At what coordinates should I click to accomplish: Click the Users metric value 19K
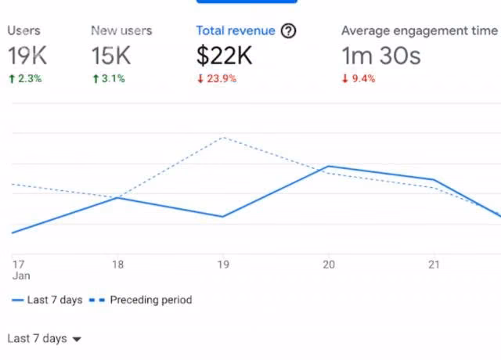27,56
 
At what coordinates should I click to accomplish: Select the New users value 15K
111,56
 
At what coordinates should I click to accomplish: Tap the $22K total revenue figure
225,56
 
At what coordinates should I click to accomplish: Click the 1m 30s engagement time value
381,56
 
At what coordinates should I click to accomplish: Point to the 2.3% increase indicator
25,78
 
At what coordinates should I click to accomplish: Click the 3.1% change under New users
109,78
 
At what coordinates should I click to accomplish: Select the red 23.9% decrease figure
217,78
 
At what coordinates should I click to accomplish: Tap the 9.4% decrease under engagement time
359,78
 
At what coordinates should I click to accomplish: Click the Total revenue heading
236,31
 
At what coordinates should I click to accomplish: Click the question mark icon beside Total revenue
289,31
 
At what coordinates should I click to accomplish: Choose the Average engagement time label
420,31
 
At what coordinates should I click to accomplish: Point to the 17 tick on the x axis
19,265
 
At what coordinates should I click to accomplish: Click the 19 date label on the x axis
223,265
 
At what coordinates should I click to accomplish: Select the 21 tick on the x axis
434,265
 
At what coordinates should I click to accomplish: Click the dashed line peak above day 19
224,138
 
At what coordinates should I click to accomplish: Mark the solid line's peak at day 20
329,167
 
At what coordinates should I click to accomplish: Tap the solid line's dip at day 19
222,217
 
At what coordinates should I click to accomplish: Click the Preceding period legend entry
141,300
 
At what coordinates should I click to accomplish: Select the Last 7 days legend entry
47,300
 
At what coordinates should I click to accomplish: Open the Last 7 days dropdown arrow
77,339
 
